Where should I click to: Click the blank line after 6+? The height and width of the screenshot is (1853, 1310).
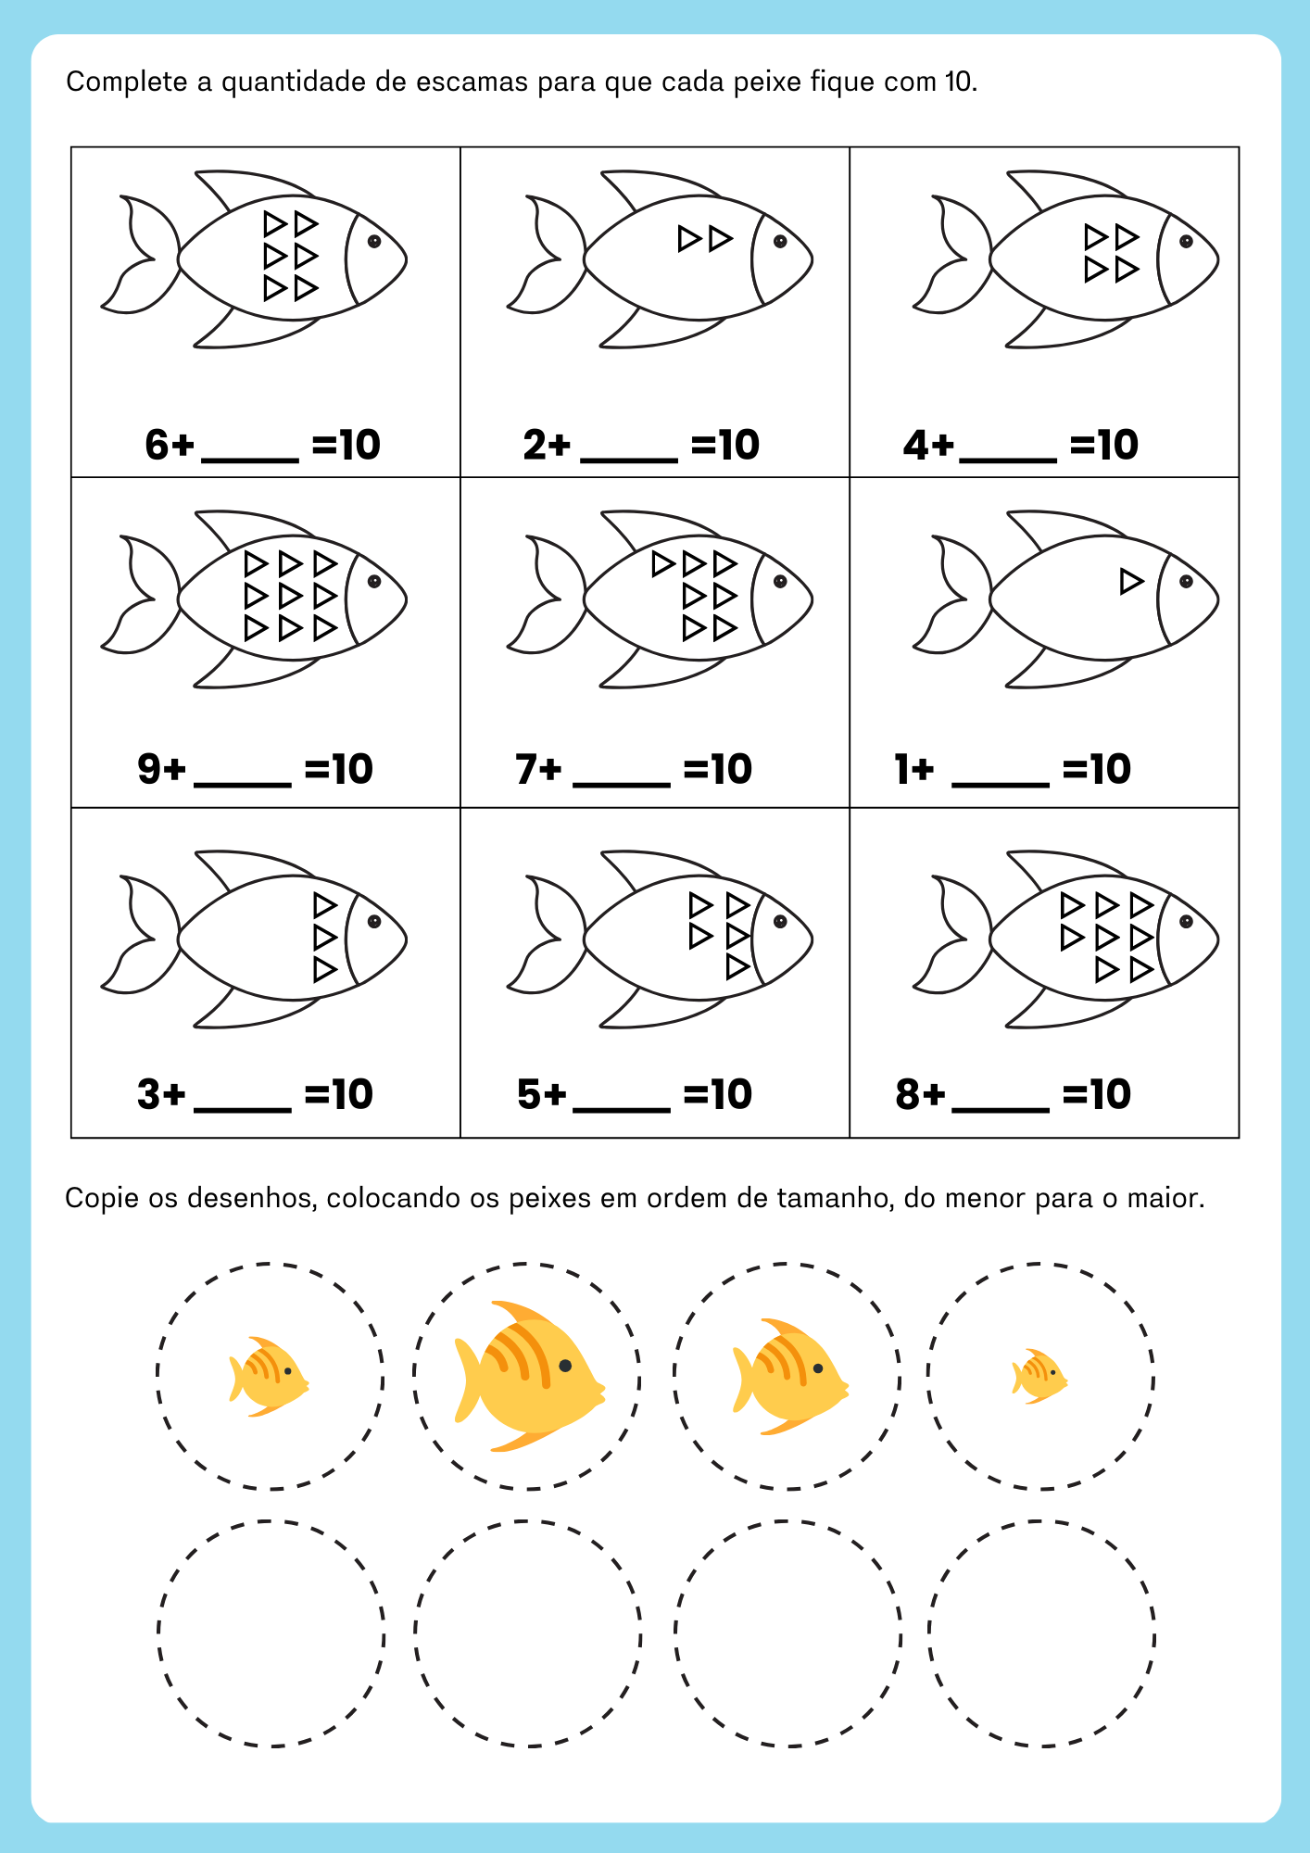249,460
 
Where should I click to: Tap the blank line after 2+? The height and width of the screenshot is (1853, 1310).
628,460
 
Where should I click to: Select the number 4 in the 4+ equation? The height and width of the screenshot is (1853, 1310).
916,446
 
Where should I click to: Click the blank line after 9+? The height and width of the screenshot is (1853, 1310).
243,784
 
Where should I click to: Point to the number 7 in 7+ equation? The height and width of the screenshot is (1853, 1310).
526,770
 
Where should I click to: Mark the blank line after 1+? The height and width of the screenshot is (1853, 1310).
1001,784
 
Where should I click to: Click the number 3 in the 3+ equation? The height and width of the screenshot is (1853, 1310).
148,1095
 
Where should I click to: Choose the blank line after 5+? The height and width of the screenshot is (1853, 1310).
622,1108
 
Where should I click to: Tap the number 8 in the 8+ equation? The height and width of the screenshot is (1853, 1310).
907,1095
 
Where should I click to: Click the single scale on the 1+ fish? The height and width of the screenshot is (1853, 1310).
1130,582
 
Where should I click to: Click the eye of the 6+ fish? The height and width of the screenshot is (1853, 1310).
374,242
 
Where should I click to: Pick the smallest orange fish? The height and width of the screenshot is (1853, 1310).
1039,1377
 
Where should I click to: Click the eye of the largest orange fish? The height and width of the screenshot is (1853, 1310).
565,1366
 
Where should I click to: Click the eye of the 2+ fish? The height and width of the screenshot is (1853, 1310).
780,242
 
